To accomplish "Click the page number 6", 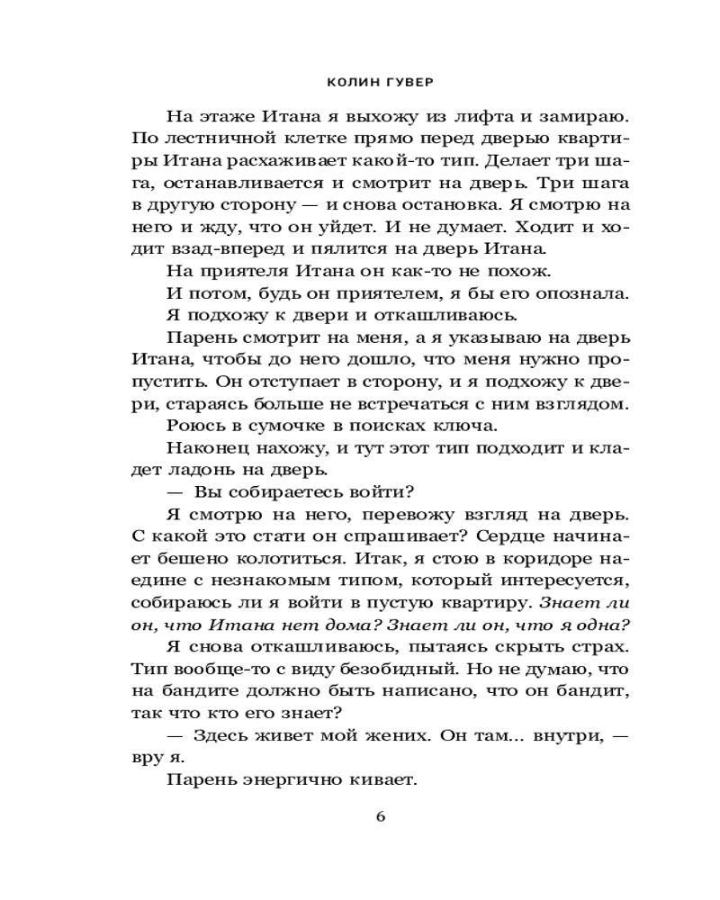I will pos(380,817).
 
